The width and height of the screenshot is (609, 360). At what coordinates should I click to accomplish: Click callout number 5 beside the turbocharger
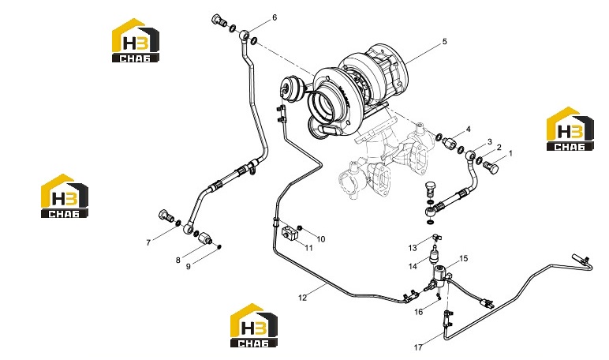tap(445, 41)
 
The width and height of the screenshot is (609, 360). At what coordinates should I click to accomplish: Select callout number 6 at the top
tap(275, 17)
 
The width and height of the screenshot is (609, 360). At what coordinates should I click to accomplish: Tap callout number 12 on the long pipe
tap(303, 298)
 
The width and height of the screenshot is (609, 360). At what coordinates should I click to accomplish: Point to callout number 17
tap(418, 347)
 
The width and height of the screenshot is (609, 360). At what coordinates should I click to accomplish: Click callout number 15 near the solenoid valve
tap(464, 258)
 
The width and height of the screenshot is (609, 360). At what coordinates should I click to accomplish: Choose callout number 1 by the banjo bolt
tap(510, 154)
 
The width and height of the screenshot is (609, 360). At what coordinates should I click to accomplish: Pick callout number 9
tap(189, 267)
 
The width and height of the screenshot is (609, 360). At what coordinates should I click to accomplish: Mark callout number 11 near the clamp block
tap(308, 248)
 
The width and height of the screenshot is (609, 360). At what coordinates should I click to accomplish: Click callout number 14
tap(413, 266)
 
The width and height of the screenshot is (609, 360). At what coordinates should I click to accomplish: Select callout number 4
tap(469, 129)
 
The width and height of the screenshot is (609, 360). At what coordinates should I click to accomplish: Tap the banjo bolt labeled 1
tap(491, 167)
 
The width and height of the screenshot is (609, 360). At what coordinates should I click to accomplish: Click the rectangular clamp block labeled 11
tap(290, 234)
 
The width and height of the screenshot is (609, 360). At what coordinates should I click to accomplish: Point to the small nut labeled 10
tap(300, 227)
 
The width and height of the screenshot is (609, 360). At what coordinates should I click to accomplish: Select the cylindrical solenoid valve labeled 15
tap(440, 274)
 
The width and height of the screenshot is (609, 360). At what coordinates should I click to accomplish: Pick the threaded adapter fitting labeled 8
tap(204, 238)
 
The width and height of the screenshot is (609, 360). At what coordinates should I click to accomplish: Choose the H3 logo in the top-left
tap(136, 40)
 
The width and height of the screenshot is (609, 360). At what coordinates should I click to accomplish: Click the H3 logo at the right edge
tap(570, 129)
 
